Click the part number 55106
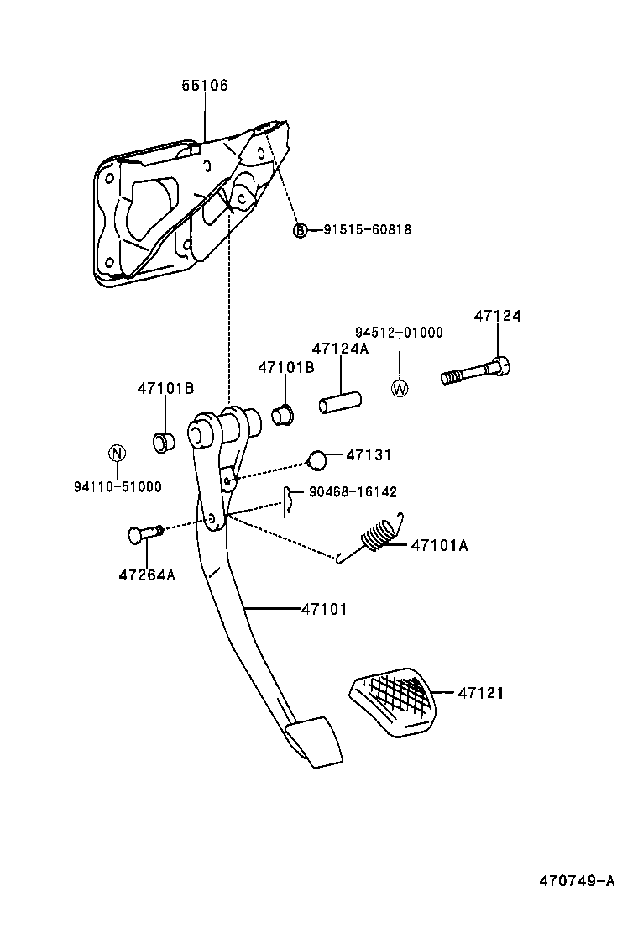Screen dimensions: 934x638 pos(205,86)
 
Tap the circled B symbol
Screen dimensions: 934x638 pos(300,229)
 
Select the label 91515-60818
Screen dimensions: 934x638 pos(367,229)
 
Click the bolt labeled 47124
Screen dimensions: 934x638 pos(476,371)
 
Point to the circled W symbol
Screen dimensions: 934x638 pos(400,388)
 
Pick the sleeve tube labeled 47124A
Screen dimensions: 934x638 pos(339,401)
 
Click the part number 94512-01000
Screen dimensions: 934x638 pos(397,333)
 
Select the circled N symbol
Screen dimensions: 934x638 pos(118,454)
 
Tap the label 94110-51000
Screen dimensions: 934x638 pos(118,486)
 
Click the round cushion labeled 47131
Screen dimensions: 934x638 pos(316,459)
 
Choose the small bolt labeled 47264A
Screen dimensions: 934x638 pos(146,533)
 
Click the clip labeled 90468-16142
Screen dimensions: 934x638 pos(288,501)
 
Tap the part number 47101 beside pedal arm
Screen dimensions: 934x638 pos(324,609)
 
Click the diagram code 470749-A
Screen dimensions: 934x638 pos(576,881)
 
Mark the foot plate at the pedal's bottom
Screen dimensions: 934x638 pos(313,740)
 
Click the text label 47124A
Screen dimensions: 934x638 pos(340,349)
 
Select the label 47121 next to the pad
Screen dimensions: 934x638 pos(481,694)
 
